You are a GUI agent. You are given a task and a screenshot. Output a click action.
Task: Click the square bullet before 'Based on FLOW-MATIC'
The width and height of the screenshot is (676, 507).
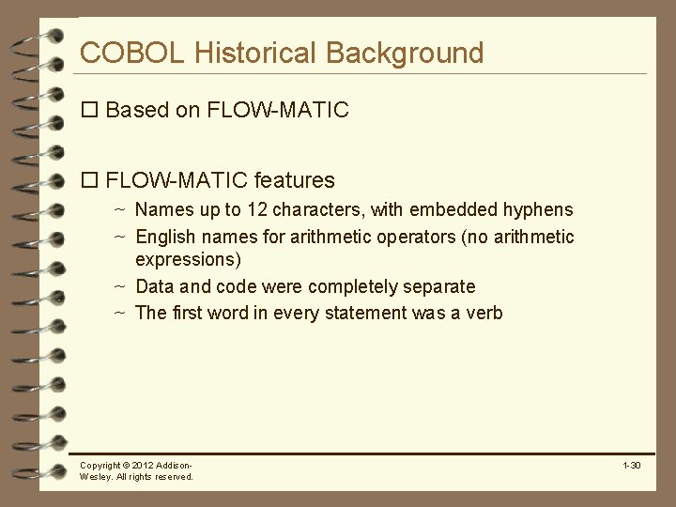90,110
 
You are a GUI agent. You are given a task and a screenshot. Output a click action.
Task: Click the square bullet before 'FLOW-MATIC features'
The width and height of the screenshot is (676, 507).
90,179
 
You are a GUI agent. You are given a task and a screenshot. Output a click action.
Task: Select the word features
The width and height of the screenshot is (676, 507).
294,179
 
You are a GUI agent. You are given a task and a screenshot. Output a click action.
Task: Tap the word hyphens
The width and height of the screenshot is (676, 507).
538,209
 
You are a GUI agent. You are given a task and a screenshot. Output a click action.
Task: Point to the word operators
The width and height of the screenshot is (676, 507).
416,237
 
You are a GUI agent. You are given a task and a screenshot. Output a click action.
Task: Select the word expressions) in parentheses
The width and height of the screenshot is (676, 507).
189,259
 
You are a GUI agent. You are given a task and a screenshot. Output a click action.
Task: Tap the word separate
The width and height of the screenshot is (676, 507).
442,286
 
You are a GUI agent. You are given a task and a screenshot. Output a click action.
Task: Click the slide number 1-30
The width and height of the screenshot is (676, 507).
630,466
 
